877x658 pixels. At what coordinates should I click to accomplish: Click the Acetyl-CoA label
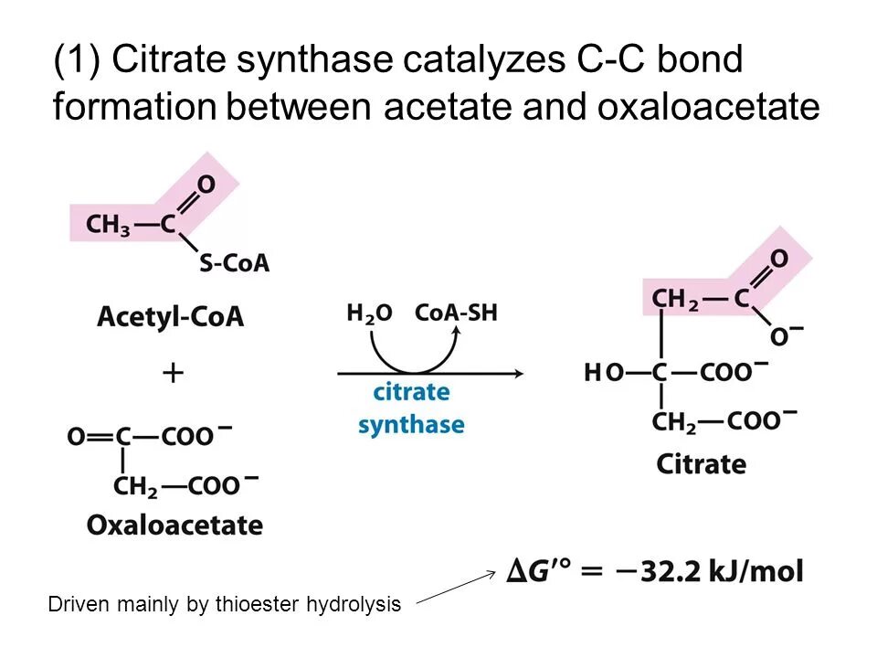click(171, 318)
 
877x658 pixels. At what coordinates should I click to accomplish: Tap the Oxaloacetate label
click(174, 525)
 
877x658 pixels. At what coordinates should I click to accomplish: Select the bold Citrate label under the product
click(701, 464)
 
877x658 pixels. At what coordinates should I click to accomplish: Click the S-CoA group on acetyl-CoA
click(235, 264)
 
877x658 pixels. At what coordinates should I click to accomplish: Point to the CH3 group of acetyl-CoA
click(107, 224)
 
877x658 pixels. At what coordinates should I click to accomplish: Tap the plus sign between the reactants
click(173, 374)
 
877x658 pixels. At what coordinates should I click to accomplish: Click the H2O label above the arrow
click(369, 313)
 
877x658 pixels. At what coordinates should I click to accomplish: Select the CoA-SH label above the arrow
click(456, 313)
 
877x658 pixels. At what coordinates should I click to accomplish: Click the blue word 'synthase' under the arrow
click(411, 425)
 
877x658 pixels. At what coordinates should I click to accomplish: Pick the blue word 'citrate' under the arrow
click(411, 392)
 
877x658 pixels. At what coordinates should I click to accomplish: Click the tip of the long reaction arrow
click(521, 373)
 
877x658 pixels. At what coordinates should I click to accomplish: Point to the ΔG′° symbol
click(539, 573)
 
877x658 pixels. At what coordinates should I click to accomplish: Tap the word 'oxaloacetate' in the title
click(709, 107)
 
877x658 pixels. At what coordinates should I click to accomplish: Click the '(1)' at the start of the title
click(77, 61)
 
